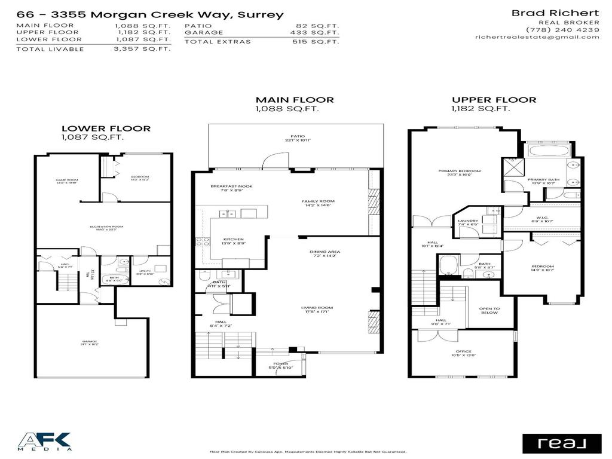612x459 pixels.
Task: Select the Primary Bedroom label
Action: (x=459, y=172)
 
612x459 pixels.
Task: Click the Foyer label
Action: (x=280, y=363)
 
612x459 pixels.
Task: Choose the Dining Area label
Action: (x=325, y=252)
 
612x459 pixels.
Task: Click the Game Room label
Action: (x=68, y=180)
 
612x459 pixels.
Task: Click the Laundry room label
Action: (x=467, y=221)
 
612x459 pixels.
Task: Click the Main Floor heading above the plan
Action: (x=295, y=100)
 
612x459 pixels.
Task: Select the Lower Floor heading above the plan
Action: (x=106, y=128)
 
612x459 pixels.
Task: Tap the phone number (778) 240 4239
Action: (x=562, y=29)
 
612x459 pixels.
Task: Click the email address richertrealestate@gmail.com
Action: (x=537, y=37)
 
